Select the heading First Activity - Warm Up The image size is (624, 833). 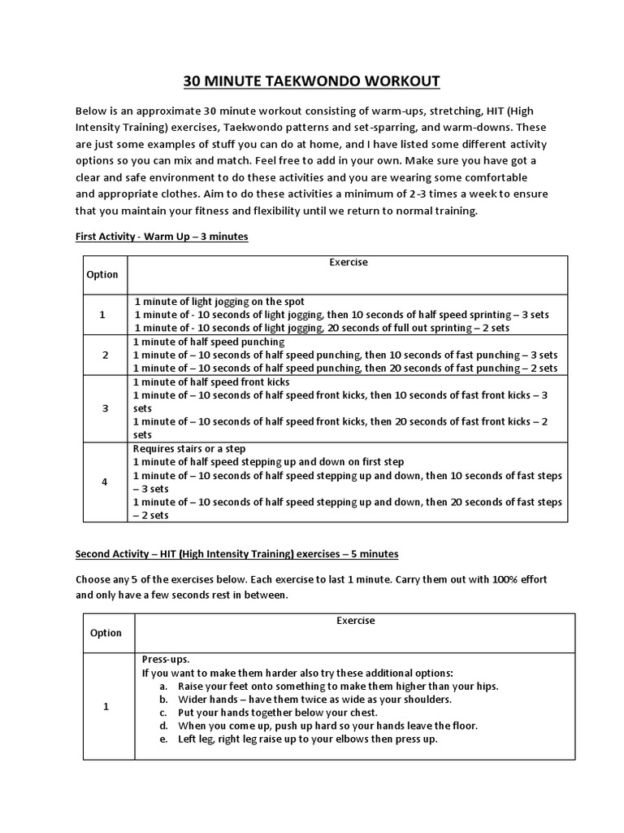pyautogui.click(x=162, y=237)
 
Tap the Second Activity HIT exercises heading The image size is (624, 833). pyautogui.click(x=236, y=554)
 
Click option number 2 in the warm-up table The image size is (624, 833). pyautogui.click(x=105, y=355)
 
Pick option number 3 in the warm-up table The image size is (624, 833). pyautogui.click(x=105, y=408)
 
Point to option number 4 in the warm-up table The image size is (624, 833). pyautogui.click(x=105, y=482)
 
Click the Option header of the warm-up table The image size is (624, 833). pyautogui.click(x=102, y=275)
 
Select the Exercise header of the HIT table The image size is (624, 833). pyautogui.click(x=355, y=621)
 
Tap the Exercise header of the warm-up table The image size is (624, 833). pyautogui.click(x=348, y=263)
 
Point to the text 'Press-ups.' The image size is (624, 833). pyautogui.click(x=166, y=660)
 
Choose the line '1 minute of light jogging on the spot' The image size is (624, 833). pyautogui.click(x=219, y=301)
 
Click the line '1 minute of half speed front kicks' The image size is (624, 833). pyautogui.click(x=211, y=382)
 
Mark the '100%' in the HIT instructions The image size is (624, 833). pyautogui.click(x=492, y=582)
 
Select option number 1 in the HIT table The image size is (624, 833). pyautogui.click(x=106, y=706)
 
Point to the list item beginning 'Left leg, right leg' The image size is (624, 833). pyautogui.click(x=308, y=739)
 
